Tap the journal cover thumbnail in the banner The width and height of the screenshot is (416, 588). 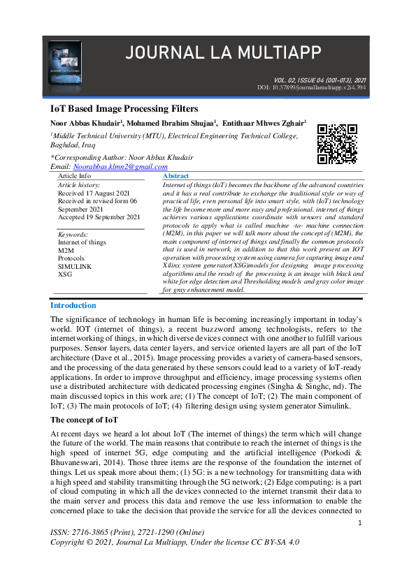65,59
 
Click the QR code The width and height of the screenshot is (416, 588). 337,144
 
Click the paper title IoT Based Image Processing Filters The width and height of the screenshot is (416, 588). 124,109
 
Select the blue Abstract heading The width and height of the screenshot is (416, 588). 175,177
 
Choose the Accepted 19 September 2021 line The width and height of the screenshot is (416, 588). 99,217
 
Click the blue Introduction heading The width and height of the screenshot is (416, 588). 73,305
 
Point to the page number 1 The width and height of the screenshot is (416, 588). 359,523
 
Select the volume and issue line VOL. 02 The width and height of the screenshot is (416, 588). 318,80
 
